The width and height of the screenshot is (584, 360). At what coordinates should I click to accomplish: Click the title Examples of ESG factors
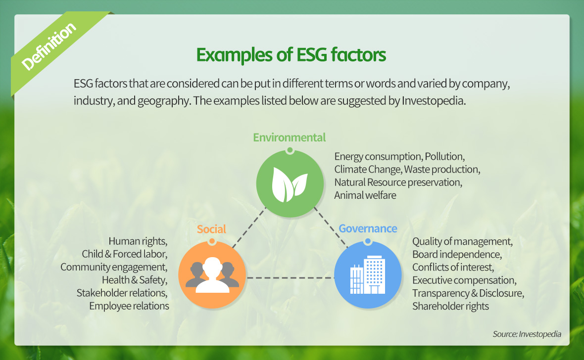291,55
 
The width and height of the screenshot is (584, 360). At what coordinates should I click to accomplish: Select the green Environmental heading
290,137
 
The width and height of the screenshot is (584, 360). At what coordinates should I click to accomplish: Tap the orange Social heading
211,229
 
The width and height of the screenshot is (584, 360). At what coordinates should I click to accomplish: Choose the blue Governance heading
368,228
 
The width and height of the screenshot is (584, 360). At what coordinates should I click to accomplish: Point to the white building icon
368,274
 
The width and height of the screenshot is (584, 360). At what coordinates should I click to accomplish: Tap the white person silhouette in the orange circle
212,275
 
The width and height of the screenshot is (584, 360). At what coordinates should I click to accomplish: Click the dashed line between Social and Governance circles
290,278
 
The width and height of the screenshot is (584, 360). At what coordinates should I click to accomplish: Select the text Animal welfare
365,195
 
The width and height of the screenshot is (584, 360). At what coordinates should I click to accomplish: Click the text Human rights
138,241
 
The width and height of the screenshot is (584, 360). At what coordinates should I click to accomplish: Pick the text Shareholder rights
450,306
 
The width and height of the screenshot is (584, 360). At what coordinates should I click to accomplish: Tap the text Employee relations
129,306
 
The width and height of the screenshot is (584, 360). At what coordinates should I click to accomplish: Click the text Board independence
457,254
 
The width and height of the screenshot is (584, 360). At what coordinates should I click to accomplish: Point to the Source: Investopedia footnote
527,334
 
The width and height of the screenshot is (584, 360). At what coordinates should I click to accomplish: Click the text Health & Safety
135,280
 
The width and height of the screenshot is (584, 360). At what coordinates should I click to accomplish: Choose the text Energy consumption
378,156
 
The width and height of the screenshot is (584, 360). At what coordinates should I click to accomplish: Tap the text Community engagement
114,267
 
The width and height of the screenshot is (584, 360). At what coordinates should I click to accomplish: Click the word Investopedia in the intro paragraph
434,100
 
